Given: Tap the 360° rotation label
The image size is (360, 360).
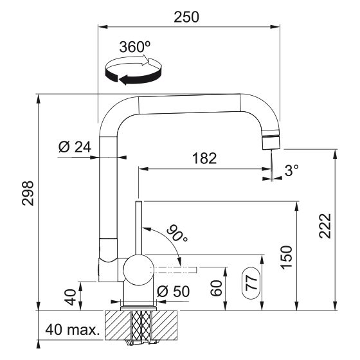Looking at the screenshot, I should [x=134, y=48].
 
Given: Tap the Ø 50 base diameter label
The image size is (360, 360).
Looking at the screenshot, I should [x=172, y=291].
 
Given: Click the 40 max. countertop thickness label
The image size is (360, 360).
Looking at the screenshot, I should [x=72, y=332].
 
